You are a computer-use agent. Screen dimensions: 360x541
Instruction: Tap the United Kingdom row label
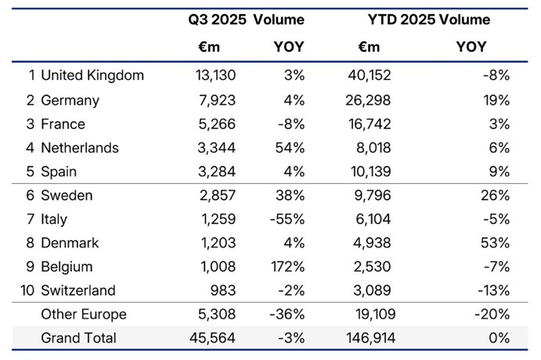pyautogui.click(x=92, y=76)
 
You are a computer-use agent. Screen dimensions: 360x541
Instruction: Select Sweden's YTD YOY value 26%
pyautogui.click(x=496, y=196)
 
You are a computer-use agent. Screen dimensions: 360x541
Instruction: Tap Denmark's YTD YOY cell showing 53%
pyautogui.click(x=496, y=243)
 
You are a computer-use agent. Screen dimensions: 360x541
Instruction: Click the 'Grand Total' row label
pyautogui.click(x=78, y=338)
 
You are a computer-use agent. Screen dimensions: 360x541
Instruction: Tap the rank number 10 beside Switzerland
pyautogui.click(x=28, y=290)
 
